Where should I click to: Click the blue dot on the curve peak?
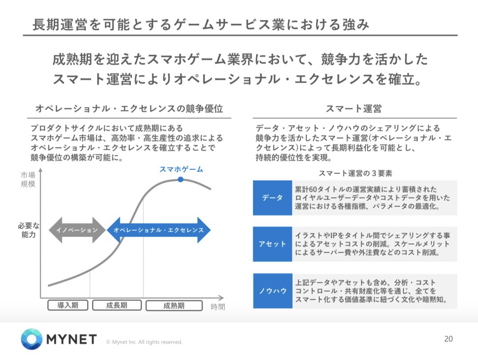(x=180, y=179)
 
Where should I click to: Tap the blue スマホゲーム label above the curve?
(x=181, y=169)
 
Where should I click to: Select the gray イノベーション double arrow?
(x=77, y=230)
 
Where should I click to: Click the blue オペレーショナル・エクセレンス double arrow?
(x=158, y=230)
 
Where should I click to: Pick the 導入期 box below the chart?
(x=68, y=305)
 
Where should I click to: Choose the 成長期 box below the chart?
(x=117, y=305)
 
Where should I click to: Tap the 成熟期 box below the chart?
(x=174, y=305)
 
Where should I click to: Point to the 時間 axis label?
(x=217, y=307)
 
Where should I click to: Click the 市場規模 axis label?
(x=28, y=180)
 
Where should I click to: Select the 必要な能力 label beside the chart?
(x=28, y=230)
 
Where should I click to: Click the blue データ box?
(x=272, y=198)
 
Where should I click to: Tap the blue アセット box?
(x=272, y=244)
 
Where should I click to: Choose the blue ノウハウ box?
(x=272, y=291)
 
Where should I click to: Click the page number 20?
(x=448, y=339)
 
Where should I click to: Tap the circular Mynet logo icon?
(x=32, y=340)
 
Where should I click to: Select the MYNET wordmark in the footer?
(x=71, y=340)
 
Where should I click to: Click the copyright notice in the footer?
(x=144, y=342)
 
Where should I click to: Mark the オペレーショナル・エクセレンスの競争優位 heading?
(x=129, y=109)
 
